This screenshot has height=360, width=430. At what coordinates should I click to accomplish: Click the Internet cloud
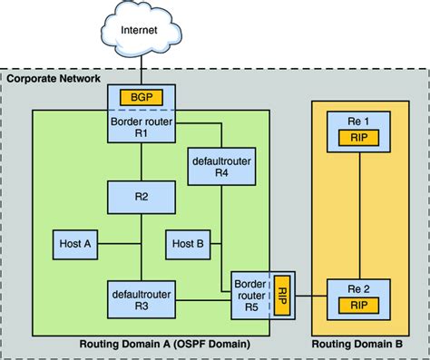[x=141, y=29]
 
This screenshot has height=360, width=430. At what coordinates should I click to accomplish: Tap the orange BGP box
[x=142, y=97]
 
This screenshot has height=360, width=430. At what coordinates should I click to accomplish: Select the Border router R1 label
[x=142, y=127]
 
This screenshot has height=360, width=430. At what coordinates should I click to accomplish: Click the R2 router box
[x=142, y=198]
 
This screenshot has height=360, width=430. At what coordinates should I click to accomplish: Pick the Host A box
[x=75, y=245]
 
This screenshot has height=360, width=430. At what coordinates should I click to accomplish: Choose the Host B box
[x=188, y=245]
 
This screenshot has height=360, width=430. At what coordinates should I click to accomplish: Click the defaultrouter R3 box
[x=142, y=299]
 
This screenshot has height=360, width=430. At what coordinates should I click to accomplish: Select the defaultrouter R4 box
[x=221, y=167]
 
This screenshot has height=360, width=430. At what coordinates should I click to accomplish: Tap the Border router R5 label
[x=250, y=296]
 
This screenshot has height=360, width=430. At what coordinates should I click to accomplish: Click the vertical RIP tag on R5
[x=282, y=296]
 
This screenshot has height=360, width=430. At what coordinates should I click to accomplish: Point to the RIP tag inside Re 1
[x=358, y=138]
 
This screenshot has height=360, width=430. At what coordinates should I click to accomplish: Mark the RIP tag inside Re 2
[x=358, y=306]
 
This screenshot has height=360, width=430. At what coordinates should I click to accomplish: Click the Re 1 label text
[x=358, y=122]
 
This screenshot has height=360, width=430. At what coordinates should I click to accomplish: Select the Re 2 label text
[x=358, y=289]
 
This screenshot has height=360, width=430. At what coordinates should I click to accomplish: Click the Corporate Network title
[x=54, y=79]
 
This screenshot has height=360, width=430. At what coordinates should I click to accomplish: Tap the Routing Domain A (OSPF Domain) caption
[x=165, y=344]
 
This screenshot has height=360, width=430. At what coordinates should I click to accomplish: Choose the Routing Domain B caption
[x=357, y=344]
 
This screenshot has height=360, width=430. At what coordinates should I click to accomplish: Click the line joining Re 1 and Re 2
[x=359, y=216]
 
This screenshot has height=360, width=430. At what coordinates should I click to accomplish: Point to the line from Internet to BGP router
[x=141, y=71]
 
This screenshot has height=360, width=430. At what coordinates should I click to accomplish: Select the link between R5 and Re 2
[x=311, y=296]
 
